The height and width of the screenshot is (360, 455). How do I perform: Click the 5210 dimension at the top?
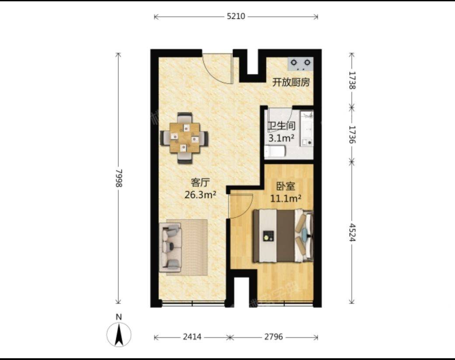[x=236, y=17]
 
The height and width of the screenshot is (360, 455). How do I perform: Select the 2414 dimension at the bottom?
[x=192, y=337]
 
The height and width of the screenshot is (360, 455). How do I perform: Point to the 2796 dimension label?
[x=274, y=337]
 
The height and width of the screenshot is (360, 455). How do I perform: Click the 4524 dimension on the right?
[x=352, y=232]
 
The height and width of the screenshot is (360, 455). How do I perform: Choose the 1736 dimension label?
[x=352, y=134]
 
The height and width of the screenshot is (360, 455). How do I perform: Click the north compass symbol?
[x=119, y=334]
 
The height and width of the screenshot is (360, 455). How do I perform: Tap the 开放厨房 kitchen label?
[x=291, y=82]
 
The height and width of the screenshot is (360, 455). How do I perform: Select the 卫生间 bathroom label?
[x=281, y=126]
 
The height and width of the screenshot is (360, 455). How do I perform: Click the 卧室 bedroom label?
[x=286, y=186]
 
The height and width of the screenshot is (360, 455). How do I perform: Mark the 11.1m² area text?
[x=287, y=199]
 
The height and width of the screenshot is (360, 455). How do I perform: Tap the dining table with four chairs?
[x=184, y=138]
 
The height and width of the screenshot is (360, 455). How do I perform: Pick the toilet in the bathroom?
[x=275, y=152]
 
